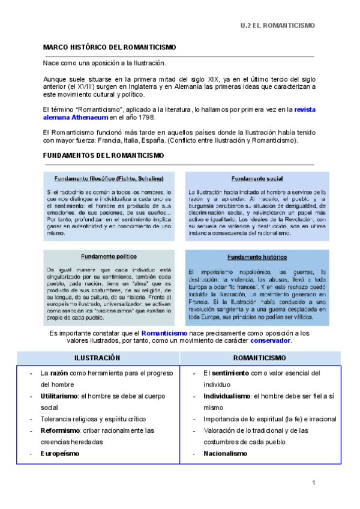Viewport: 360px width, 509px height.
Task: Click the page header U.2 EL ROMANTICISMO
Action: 277,26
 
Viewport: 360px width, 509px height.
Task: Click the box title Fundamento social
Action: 257,179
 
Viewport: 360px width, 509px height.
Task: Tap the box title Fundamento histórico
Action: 257,257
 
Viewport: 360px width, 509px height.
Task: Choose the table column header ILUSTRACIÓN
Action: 97,358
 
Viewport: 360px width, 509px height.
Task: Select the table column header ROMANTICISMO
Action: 259,358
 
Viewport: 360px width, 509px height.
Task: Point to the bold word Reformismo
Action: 58,430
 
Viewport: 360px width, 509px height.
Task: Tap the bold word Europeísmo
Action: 59,453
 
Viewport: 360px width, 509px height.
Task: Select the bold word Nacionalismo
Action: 225,453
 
